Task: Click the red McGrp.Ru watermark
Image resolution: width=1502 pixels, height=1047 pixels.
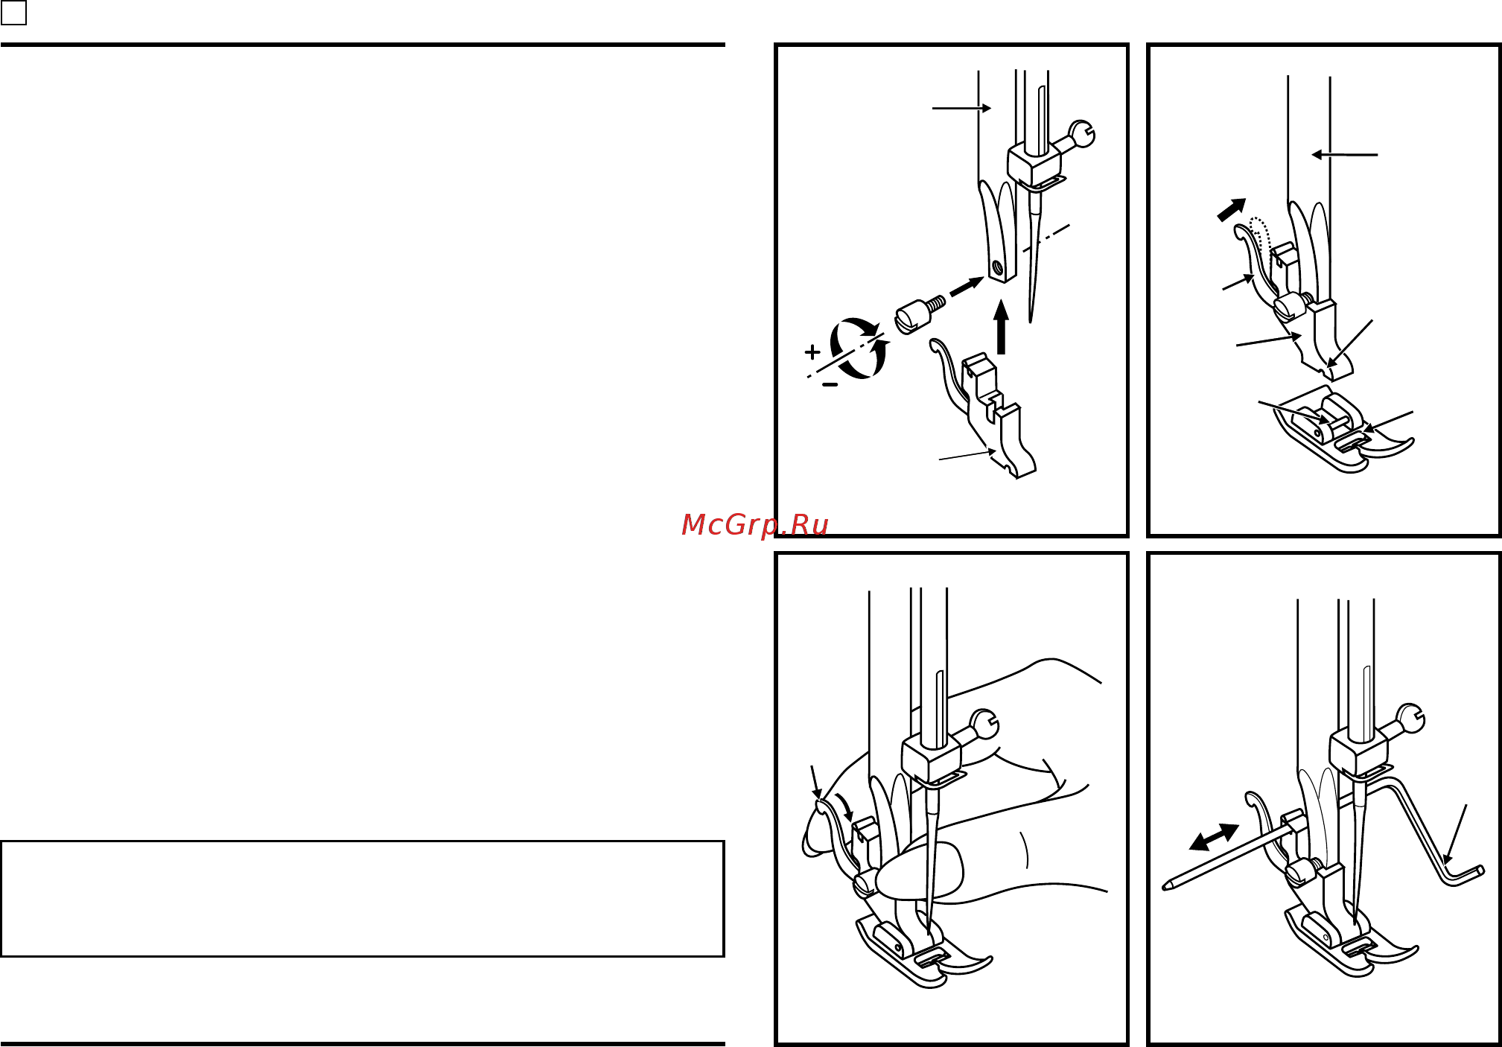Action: pyautogui.click(x=754, y=525)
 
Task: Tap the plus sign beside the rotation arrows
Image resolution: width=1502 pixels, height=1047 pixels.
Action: pyautogui.click(x=812, y=351)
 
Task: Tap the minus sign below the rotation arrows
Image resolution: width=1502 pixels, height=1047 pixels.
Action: pyautogui.click(x=830, y=384)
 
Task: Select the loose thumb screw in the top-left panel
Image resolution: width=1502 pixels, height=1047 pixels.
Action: pyautogui.click(x=920, y=314)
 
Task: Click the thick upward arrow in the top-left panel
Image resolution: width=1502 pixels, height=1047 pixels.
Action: pyautogui.click(x=1001, y=327)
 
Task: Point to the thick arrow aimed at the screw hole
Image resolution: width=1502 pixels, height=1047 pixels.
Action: pyautogui.click(x=967, y=287)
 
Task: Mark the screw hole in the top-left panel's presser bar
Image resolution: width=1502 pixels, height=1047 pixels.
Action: pyautogui.click(x=998, y=266)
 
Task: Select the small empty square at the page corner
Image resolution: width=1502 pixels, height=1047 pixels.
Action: pyautogui.click(x=13, y=13)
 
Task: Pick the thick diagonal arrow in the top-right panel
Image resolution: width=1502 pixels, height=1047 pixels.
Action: pyautogui.click(x=1232, y=209)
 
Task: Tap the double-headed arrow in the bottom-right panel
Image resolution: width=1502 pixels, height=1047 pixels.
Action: pyautogui.click(x=1214, y=837)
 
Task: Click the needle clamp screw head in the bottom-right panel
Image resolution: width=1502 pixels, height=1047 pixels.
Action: pyautogui.click(x=1411, y=719)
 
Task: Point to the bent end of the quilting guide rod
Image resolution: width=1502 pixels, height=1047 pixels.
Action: pyautogui.click(x=1465, y=874)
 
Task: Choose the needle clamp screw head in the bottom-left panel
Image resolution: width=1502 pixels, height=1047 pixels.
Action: pyautogui.click(x=984, y=724)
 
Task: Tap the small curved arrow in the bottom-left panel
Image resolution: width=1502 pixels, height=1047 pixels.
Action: pyautogui.click(x=844, y=806)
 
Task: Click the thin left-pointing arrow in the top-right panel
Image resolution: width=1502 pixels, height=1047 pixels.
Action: pyautogui.click(x=1345, y=155)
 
